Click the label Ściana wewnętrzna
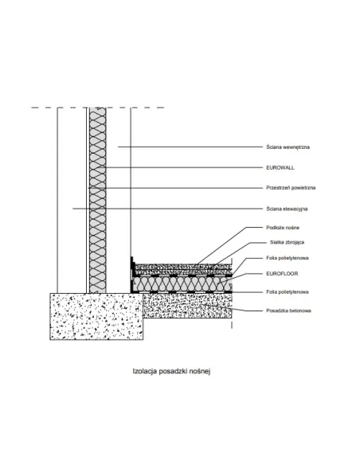(288, 147)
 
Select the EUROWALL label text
(280, 167)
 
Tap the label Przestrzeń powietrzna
(291, 188)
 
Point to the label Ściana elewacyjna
(287, 209)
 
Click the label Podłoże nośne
(283, 228)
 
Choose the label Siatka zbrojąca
(287, 242)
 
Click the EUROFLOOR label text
(282, 273)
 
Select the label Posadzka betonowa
(288, 311)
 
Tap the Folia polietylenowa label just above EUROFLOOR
(288, 258)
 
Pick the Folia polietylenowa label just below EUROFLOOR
(288, 291)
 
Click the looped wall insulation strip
(97, 201)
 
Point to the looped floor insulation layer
(182, 284)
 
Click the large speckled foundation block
(96, 316)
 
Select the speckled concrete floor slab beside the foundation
(187, 306)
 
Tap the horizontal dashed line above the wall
(97, 107)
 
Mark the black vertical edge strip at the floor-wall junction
(131, 275)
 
